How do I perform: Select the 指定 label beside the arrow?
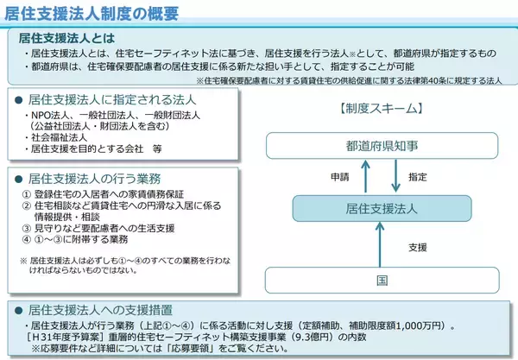[419, 176]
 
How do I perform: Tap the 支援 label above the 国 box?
[419, 245]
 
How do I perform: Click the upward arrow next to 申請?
[365, 176]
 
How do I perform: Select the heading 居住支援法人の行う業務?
[90, 178]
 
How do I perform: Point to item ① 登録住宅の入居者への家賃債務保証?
[104, 193]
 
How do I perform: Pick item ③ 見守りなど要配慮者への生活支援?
[99, 228]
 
